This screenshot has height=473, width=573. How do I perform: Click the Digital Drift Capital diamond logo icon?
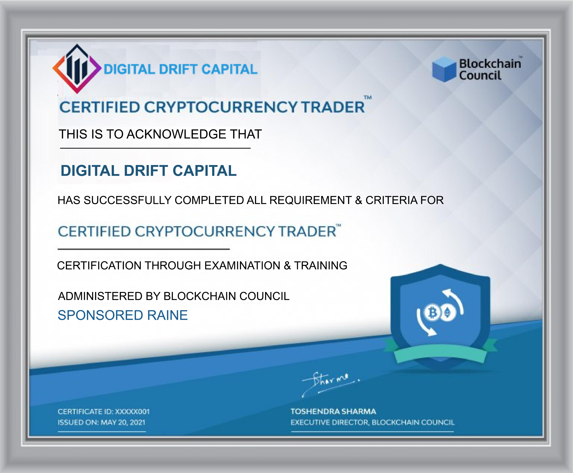(77, 69)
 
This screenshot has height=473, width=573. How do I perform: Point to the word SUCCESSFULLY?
(127, 200)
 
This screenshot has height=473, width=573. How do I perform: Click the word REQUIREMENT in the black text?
(310, 200)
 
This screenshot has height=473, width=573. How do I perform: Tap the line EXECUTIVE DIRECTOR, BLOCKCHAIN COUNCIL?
(372, 423)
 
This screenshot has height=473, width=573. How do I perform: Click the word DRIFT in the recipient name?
(146, 171)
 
